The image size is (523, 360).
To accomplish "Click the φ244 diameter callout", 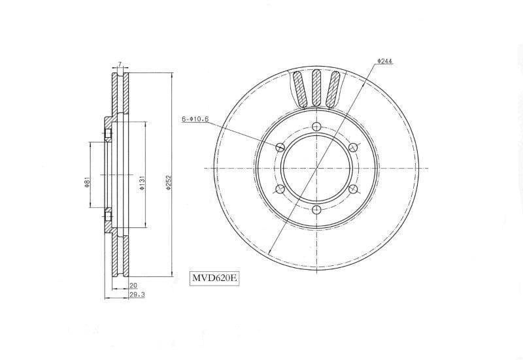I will (x=384, y=61).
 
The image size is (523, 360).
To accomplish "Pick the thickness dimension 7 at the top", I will (x=120, y=64).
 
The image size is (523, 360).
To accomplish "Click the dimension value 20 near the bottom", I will (x=133, y=286).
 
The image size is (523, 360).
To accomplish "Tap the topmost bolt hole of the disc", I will (x=316, y=127).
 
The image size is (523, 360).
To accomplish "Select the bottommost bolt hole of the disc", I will (x=316, y=210).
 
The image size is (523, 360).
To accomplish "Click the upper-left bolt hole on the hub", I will (x=280, y=147).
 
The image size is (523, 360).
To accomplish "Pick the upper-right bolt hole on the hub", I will (x=353, y=147).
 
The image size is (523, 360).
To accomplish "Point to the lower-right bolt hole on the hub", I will (x=353, y=189).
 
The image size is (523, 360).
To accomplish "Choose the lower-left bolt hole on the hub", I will (x=280, y=189).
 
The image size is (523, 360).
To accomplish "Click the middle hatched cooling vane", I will (x=317, y=88).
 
